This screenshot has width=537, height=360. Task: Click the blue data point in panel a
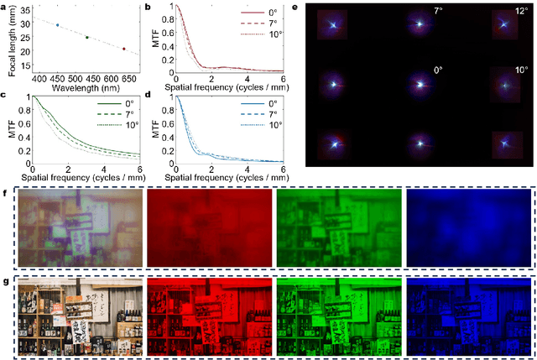(x=57, y=25)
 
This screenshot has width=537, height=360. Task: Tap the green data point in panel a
(x=87, y=37)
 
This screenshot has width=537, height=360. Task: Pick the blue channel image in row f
(x=467, y=228)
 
